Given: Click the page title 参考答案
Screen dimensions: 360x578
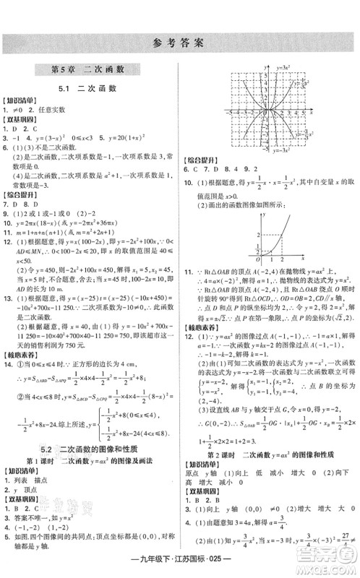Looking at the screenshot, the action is pos(180,42).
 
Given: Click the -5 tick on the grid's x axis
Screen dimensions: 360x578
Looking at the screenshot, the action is pos(230,114).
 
